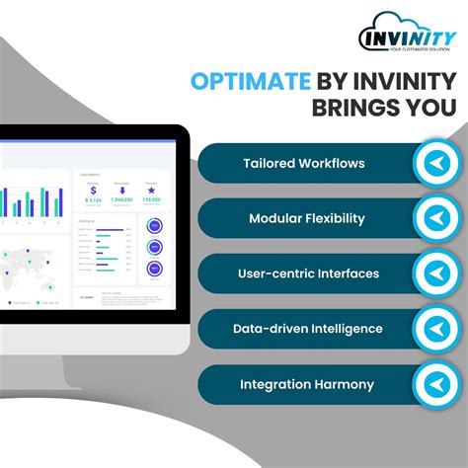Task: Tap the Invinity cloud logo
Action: [x=407, y=33]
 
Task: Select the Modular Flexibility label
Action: [x=307, y=218]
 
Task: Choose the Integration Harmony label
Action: [x=306, y=384]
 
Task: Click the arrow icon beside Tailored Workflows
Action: [x=434, y=163]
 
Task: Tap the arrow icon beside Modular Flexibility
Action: [x=434, y=218]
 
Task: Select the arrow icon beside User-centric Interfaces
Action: [x=434, y=273]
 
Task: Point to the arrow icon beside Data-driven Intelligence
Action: [x=434, y=329]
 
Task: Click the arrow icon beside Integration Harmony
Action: [x=434, y=384]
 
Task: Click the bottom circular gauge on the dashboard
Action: [x=155, y=268]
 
